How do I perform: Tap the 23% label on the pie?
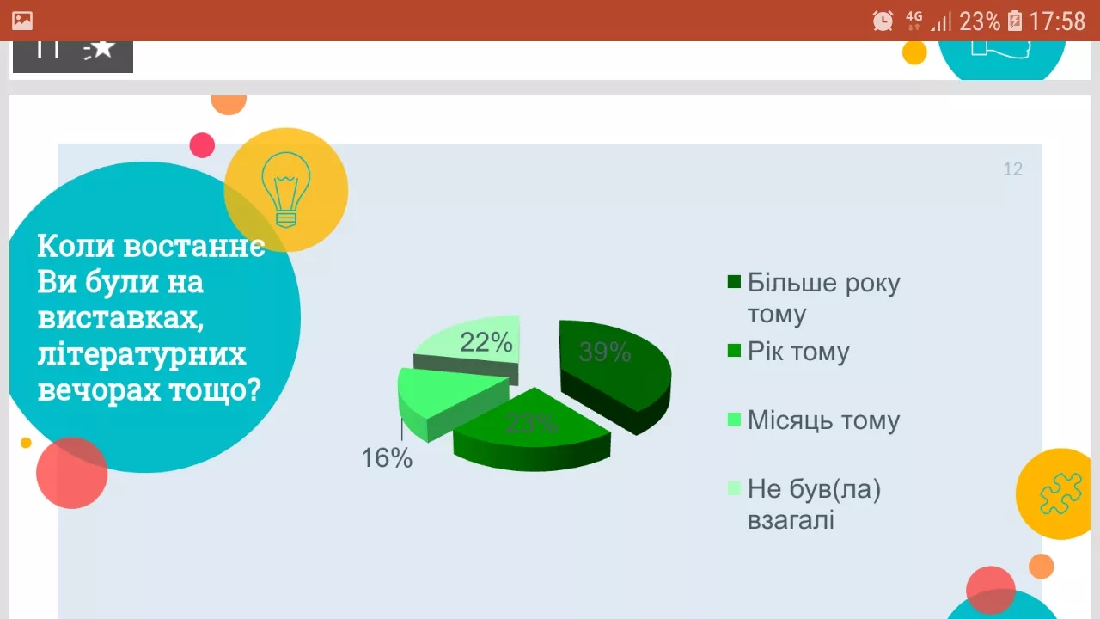(x=531, y=423)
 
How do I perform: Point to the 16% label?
(x=387, y=458)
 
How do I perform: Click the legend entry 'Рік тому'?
(x=798, y=352)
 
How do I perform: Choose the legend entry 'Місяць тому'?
(x=823, y=420)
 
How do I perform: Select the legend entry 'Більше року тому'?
(x=822, y=297)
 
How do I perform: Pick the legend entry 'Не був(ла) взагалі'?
(x=814, y=504)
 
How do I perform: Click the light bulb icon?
(x=285, y=190)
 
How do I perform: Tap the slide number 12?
(x=1013, y=169)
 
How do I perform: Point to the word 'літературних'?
(x=142, y=354)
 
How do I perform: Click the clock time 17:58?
(x=1057, y=21)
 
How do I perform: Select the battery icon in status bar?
(x=1015, y=21)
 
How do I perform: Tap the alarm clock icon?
(x=883, y=21)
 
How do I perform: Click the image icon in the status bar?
(x=22, y=21)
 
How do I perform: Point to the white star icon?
(x=102, y=49)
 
